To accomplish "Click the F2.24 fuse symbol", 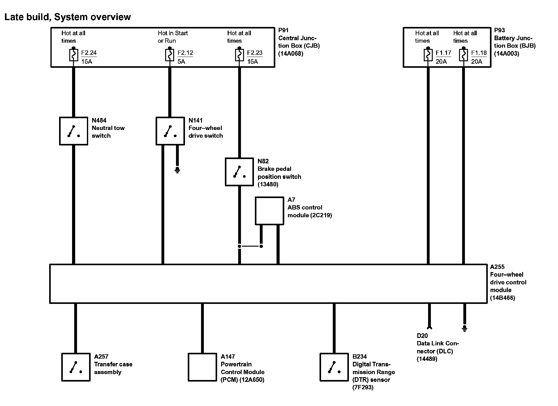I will point(74,55).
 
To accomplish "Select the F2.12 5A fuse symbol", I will point(170,55).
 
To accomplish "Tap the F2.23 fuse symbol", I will point(239,55).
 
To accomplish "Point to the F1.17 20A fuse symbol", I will point(428,55).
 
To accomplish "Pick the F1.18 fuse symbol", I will point(463,55).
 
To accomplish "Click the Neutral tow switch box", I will point(74,131).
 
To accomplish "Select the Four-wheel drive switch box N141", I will point(170,131).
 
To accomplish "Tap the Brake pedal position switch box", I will point(239,172).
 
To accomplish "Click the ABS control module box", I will point(269,211).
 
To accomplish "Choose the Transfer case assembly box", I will point(76,367).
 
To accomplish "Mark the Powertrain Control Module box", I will point(202,367).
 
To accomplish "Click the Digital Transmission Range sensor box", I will point(334,367).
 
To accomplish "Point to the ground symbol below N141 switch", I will point(177,170).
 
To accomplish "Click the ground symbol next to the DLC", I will point(464,328).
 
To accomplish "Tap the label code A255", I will point(497,267).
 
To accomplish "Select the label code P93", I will point(499,30).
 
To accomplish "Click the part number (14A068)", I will point(291,54).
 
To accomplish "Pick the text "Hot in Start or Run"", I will point(173,37).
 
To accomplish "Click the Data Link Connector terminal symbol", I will point(429,327).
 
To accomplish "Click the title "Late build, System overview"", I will point(68,17).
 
